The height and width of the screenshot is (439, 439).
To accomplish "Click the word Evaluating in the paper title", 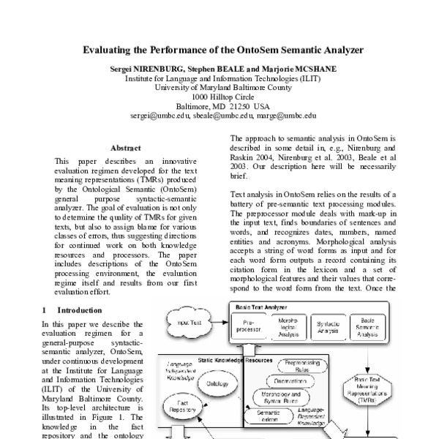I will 105,52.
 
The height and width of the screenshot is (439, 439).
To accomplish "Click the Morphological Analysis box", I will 288,326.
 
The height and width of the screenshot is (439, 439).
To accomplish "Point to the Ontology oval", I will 217,383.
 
